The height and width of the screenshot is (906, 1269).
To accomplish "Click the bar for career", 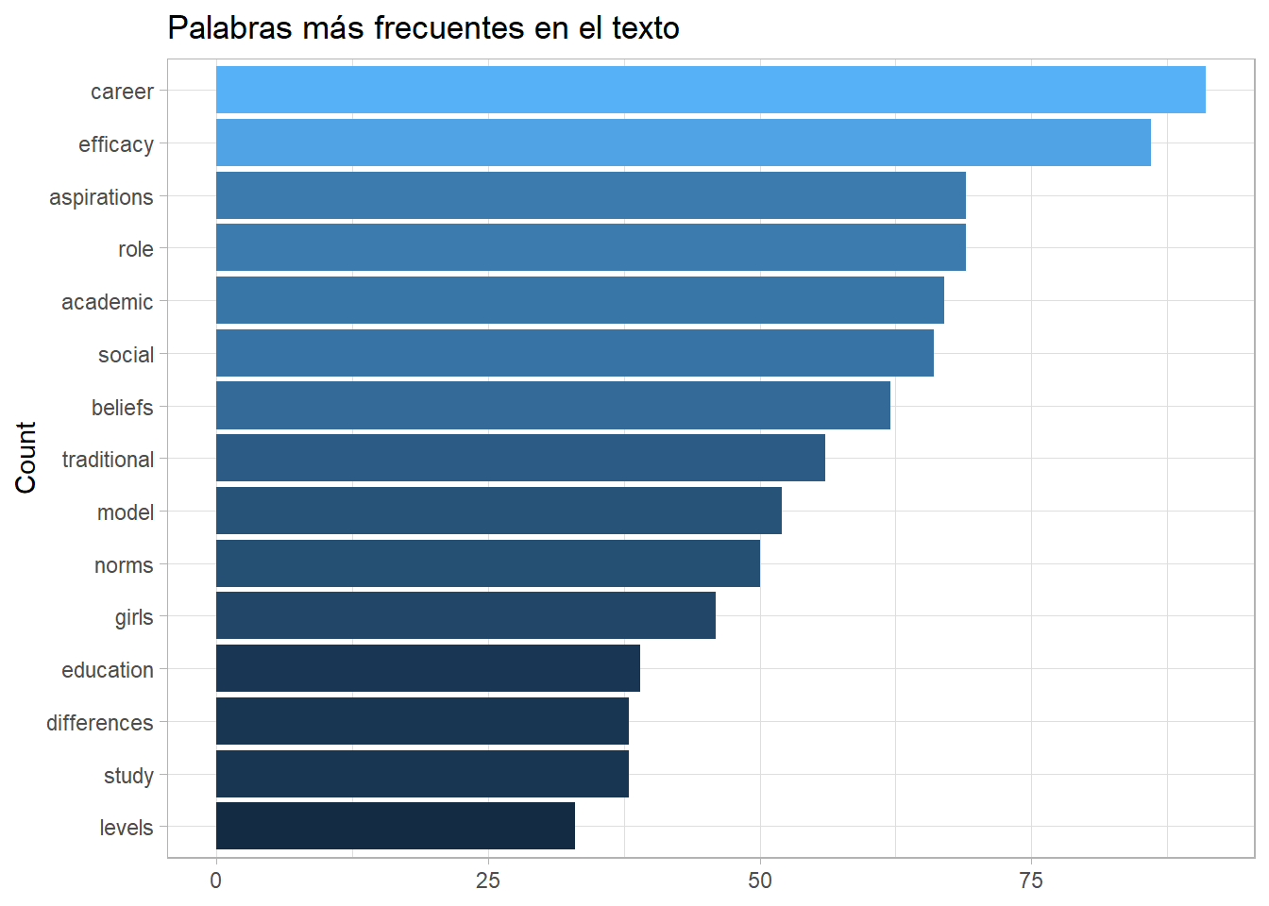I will [710, 90].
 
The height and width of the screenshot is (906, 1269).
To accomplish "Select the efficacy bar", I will [683, 143].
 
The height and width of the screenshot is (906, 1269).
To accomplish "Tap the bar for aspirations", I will [590, 195].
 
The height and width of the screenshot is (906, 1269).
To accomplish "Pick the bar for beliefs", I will [552, 406].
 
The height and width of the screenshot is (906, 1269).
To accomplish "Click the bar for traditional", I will [520, 458].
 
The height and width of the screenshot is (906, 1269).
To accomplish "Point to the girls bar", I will [465, 615].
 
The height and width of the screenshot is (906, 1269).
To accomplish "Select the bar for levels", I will [395, 826].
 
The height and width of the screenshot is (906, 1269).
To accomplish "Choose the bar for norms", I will [487, 563].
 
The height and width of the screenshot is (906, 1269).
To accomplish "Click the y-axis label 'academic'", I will [107, 302].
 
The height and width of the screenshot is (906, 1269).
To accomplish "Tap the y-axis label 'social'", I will [126, 355].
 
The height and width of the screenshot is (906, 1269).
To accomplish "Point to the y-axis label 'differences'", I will [99, 723].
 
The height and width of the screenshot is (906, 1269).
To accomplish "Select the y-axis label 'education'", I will [107, 670].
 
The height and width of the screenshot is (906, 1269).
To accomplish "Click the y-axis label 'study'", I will [128, 776].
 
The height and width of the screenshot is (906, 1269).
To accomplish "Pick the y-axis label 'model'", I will [125, 512].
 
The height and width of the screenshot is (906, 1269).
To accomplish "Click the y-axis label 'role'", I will [135, 249].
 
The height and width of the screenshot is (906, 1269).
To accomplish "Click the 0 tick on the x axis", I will [216, 881].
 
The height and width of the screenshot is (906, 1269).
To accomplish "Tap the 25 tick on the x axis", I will [488, 881].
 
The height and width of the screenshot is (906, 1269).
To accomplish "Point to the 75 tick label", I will [1031, 881].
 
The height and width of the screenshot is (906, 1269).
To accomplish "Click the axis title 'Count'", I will [25, 458].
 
